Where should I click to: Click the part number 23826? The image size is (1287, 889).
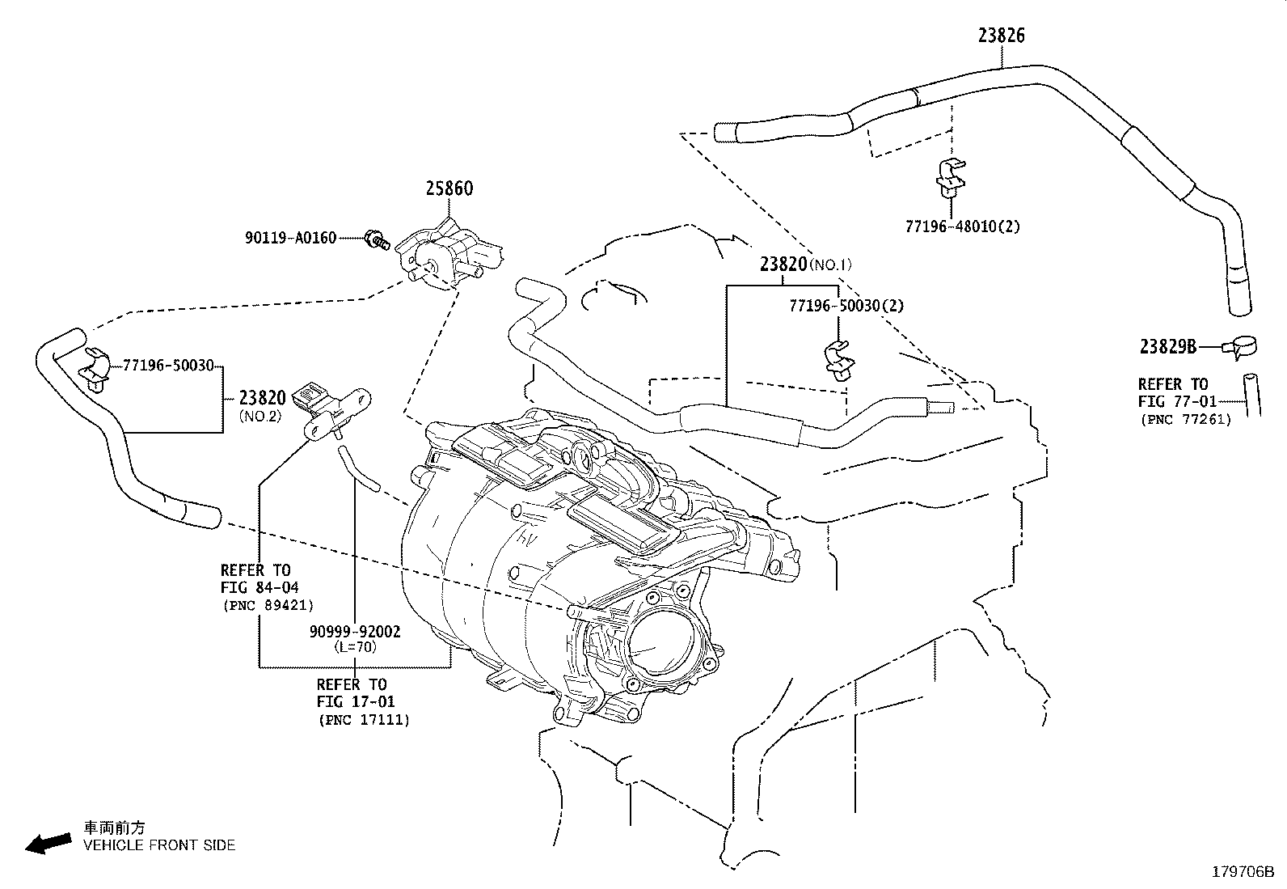[1001, 36]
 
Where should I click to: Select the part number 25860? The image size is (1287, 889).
[449, 188]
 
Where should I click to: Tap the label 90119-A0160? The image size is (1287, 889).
[291, 238]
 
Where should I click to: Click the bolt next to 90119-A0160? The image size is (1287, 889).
[377, 239]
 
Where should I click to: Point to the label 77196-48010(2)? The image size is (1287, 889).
[963, 226]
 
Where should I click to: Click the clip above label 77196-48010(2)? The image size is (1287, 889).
[951, 176]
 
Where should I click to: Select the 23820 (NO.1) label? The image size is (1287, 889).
[805, 265]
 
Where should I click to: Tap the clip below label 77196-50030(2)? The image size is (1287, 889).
[839, 360]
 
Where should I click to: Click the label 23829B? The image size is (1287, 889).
[1168, 347]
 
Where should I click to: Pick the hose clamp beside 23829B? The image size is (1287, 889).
[1240, 347]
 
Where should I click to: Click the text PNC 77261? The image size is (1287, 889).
[1187, 420]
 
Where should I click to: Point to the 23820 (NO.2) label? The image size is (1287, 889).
[262, 404]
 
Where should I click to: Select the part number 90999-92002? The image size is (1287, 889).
[355, 632]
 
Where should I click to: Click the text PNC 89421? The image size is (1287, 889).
[268, 606]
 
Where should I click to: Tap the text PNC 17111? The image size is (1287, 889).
[365, 720]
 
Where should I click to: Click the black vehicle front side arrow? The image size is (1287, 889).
[49, 843]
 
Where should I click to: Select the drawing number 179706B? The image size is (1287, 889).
[1243, 872]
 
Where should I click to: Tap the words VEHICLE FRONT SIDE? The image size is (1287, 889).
[160, 845]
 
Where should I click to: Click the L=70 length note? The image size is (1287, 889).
[356, 647]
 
